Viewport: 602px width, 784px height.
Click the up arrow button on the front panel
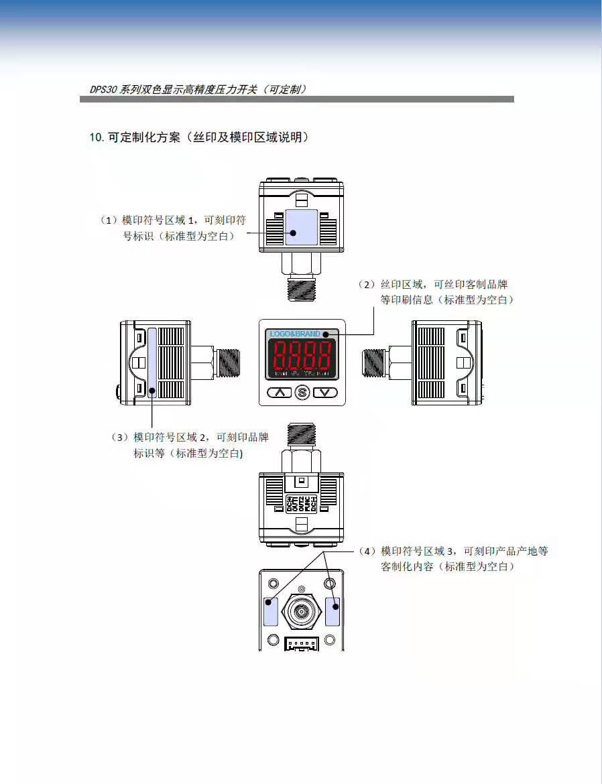(x=279, y=392)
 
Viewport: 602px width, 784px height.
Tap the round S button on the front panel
(x=302, y=393)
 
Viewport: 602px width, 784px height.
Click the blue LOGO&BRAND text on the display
(x=295, y=334)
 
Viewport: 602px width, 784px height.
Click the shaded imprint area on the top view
(x=301, y=226)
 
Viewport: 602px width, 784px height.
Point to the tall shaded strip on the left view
(x=153, y=363)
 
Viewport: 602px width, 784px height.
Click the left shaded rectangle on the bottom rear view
(x=271, y=610)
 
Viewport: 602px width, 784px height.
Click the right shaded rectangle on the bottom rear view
(x=333, y=610)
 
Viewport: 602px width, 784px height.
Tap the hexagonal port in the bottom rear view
(x=302, y=610)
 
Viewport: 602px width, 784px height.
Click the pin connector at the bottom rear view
(x=302, y=643)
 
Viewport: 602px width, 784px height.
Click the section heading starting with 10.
(x=199, y=137)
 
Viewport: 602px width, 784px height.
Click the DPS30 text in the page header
(x=104, y=89)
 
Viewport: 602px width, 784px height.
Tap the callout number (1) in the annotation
(x=109, y=220)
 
